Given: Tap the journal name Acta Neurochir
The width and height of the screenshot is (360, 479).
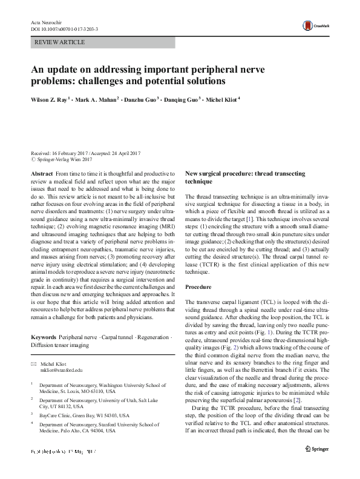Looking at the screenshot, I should [43, 21].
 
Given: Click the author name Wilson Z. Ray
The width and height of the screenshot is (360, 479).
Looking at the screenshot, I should [50, 98].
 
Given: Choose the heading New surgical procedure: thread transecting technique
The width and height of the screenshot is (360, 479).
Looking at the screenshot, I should [250, 177].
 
